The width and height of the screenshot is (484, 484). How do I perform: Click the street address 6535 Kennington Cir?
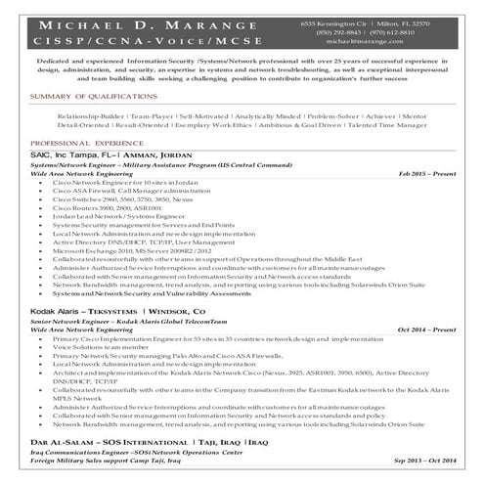pos(334,21)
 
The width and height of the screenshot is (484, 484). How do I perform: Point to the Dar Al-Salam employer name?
pos(59,443)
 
